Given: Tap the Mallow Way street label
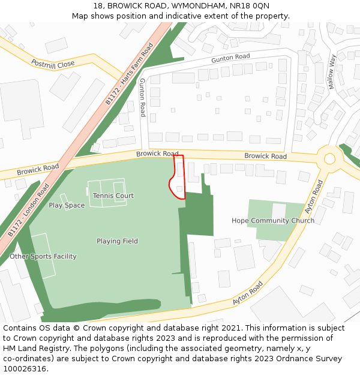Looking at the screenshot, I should pos(332,71).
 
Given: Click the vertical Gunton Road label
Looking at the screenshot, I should pos(143,97).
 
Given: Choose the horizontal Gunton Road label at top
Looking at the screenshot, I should pos(230,58).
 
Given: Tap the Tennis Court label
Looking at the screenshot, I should pos(113,196).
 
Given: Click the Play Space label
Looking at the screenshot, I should pos(67,205).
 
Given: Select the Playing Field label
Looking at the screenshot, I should pos(117,241).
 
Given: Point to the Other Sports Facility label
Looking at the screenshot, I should pos(43,256).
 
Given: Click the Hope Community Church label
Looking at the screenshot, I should pos(273,220).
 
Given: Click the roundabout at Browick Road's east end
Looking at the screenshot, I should pos(329,159).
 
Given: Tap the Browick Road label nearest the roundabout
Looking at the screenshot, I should pos(265,156).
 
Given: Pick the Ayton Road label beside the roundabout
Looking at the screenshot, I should pos(314,197).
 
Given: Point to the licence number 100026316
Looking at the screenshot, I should pos(26,369).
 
